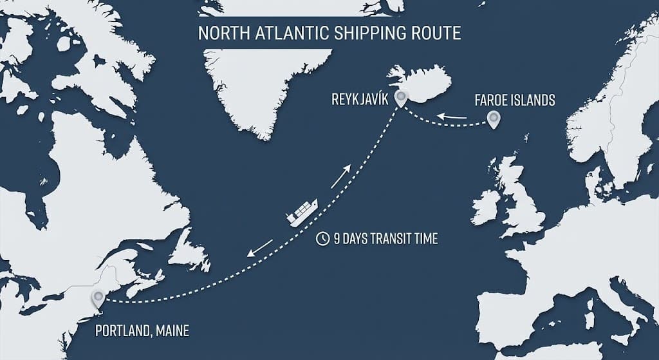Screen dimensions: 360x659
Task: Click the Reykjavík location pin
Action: tap(402, 99)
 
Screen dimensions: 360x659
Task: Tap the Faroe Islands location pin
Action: tap(494, 118)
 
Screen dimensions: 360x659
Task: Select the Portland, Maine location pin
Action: tap(98, 298)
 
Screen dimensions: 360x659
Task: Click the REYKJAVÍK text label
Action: tap(358, 100)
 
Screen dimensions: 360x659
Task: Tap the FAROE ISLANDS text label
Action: tap(514, 100)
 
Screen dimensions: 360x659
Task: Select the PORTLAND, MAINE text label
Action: tap(142, 332)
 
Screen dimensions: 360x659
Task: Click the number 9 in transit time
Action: tap(337, 239)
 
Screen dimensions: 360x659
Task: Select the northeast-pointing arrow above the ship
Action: tap(341, 175)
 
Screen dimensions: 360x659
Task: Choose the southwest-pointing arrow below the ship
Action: tap(260, 247)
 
